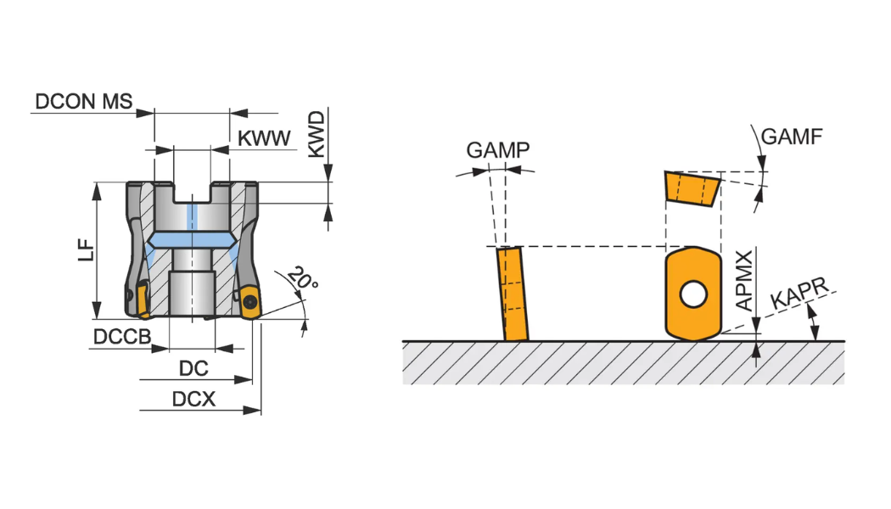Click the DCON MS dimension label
coord(83,102)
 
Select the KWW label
coord(264,139)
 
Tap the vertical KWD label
coord(317,133)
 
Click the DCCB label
coord(121,337)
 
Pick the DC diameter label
coord(193,369)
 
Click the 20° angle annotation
coord(302,278)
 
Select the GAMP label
coord(498,150)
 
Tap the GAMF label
coord(792,136)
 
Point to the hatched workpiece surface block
coord(623,362)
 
